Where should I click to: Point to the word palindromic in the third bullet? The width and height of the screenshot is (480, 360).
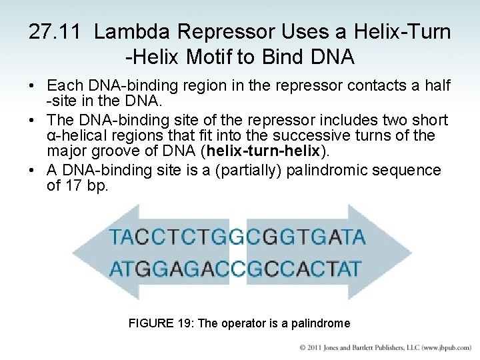[x=329, y=169]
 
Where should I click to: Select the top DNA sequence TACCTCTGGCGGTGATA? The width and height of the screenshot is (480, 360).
[x=237, y=236]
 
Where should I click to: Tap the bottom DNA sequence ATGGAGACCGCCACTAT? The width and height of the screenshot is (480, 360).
[x=237, y=269]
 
